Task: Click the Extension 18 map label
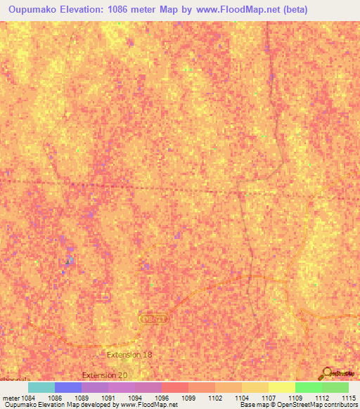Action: (129, 355)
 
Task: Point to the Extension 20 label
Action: (105, 375)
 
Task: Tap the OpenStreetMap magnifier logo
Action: (326, 373)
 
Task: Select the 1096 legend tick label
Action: (162, 398)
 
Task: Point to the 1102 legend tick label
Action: (215, 398)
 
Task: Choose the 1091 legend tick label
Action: (108, 398)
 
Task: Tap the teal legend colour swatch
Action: (41, 387)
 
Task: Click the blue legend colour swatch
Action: (67, 387)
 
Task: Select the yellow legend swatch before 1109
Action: (281, 387)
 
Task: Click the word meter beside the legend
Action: (8, 398)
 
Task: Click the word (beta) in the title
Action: (292, 10)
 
